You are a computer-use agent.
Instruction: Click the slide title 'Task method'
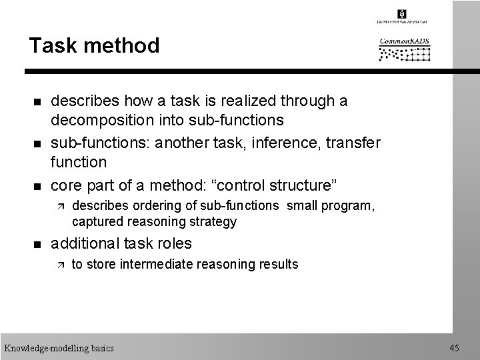point(94,46)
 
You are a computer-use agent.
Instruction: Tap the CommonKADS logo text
point(404,42)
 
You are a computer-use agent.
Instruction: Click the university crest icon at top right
point(402,13)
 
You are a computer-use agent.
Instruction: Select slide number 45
point(455,348)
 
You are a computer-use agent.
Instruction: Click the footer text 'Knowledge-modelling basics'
point(59,348)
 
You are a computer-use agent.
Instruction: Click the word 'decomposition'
point(99,120)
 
